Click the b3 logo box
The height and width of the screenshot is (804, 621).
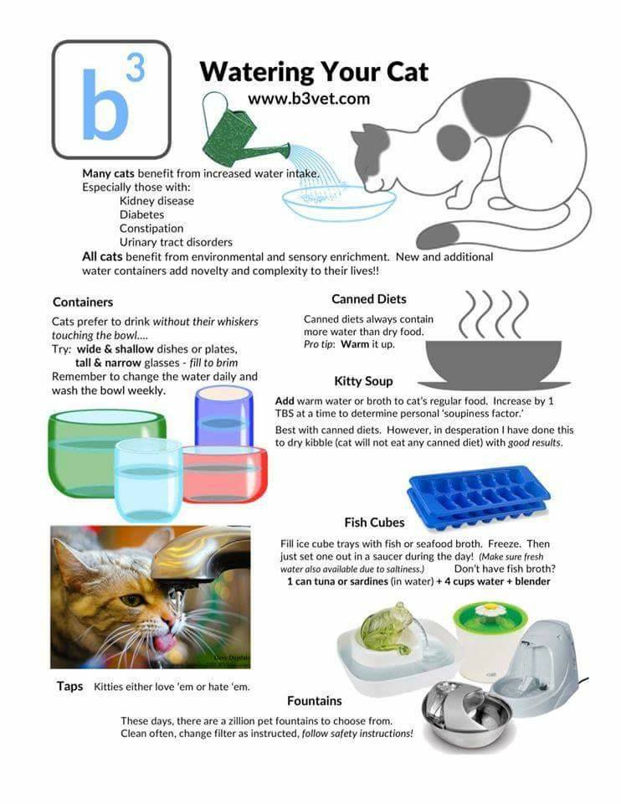point(111,100)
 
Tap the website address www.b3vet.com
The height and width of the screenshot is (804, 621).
point(309,99)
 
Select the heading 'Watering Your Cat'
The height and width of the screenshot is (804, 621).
point(314,72)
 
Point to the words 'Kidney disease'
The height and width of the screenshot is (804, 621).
point(157,201)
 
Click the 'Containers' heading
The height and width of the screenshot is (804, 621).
point(83,302)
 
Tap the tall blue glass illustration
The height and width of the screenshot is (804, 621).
point(224,416)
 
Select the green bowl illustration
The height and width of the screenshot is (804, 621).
point(102,453)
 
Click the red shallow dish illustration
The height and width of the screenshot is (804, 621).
point(224,474)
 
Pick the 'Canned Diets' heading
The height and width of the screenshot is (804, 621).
point(369,299)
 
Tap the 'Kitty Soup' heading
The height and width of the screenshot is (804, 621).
point(363,381)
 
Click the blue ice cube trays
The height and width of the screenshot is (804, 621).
point(479,497)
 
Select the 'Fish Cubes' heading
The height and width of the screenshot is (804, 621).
point(374,523)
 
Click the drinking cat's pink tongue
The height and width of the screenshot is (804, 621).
point(163,642)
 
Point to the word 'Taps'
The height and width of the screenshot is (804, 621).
point(69,686)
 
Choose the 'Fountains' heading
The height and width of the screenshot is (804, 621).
point(314,701)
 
